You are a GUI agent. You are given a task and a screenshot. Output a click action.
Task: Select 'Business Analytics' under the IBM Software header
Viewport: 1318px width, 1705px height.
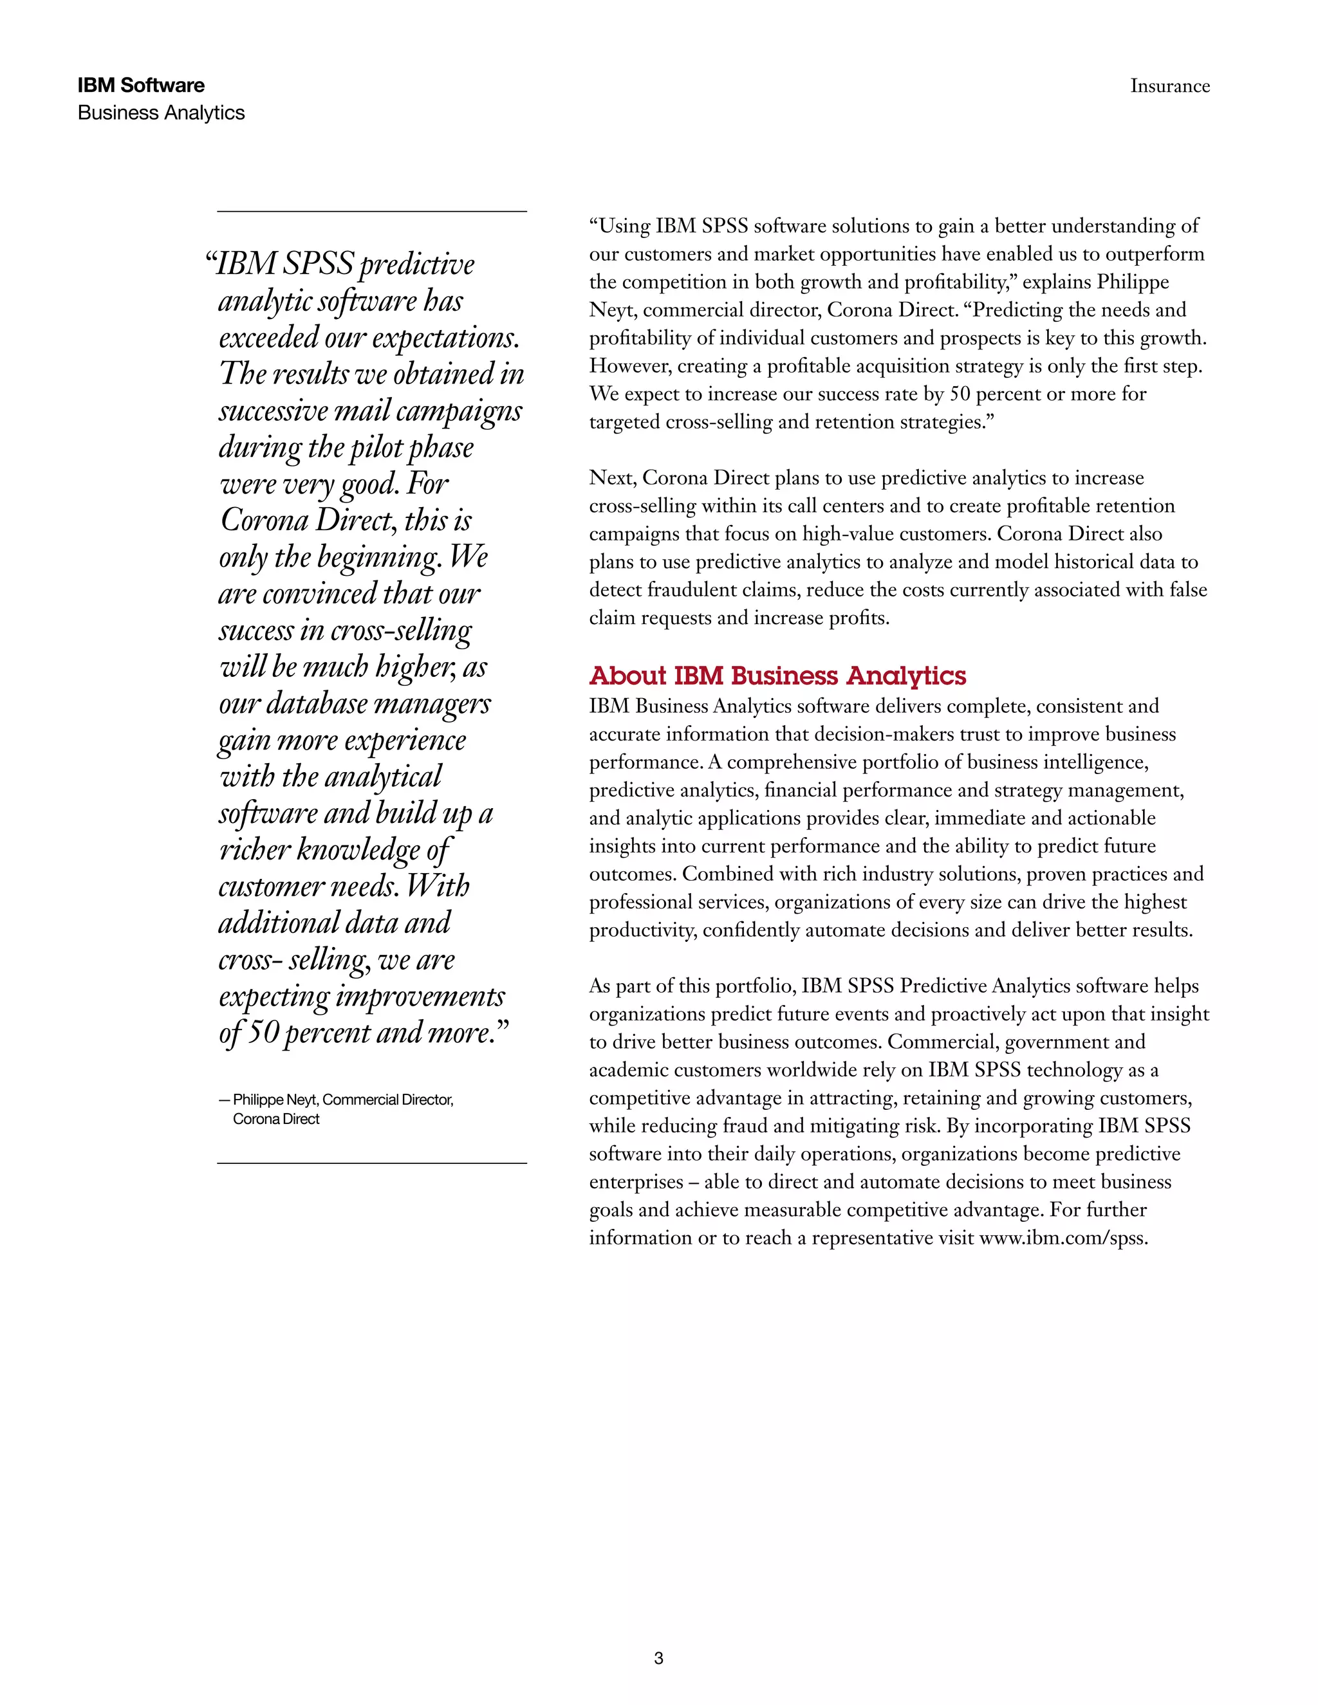(161, 113)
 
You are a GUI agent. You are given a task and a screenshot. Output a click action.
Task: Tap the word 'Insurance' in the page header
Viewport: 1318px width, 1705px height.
(1169, 86)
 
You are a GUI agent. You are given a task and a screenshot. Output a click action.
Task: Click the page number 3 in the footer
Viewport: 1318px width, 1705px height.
(658, 1658)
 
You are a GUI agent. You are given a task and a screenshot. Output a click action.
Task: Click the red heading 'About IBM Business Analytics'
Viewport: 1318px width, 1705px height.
(777, 676)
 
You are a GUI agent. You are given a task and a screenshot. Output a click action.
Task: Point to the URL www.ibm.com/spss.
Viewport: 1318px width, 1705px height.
(1063, 1238)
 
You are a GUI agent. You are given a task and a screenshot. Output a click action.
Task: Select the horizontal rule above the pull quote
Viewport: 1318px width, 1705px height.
(372, 212)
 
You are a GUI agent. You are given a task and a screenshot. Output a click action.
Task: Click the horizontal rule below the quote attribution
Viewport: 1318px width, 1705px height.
(372, 1163)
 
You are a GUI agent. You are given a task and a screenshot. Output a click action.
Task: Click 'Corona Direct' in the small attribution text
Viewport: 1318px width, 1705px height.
(275, 1119)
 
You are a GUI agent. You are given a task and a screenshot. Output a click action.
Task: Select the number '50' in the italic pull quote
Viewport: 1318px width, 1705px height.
(264, 1032)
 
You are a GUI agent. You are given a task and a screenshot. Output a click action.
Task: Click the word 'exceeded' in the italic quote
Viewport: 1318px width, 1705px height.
(270, 337)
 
